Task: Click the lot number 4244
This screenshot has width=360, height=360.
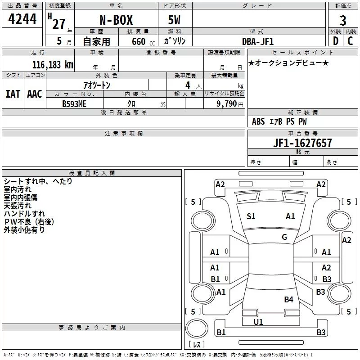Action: [x=22, y=20]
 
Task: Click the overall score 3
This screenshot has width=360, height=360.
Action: [x=343, y=21]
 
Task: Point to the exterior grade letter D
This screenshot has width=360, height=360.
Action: [x=335, y=41]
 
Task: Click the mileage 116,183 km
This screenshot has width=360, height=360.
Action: [x=53, y=65]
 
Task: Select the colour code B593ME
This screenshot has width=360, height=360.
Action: [x=74, y=103]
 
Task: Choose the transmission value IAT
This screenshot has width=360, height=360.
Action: [x=13, y=94]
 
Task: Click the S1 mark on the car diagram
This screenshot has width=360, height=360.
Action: [x=251, y=216]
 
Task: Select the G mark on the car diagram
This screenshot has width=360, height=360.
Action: [x=284, y=237]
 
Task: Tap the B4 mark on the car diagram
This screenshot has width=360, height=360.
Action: [x=288, y=299]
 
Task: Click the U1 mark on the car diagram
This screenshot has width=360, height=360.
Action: [x=258, y=322]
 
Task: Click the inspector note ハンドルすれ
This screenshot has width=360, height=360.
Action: [x=24, y=213]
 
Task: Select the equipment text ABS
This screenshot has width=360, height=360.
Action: [x=258, y=121]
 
